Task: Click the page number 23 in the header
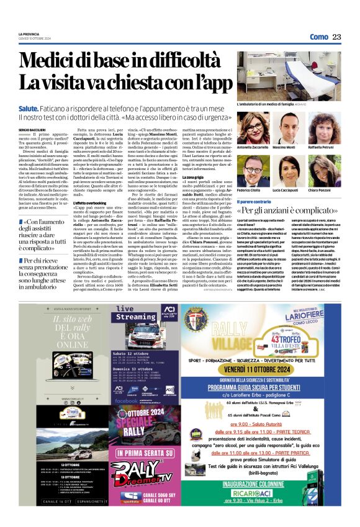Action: [x=336, y=37]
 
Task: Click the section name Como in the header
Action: [x=318, y=37]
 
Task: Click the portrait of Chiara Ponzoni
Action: [x=321, y=168]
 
